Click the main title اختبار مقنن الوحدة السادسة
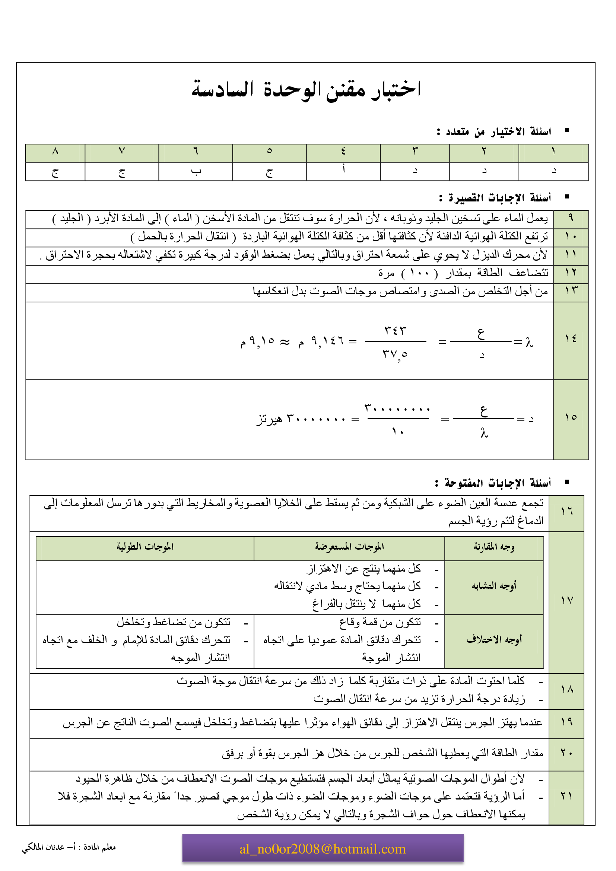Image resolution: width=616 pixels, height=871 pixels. pos(306,90)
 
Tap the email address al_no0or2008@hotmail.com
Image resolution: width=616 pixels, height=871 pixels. pos(323,849)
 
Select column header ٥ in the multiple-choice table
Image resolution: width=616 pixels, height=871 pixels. pos(269,151)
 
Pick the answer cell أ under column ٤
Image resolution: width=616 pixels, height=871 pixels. pos(344,169)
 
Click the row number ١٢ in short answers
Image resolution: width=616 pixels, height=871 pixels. pos(571,272)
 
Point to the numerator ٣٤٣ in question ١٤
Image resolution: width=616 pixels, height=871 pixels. pos(395,330)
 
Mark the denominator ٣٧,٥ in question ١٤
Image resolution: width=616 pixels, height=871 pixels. pos(395,355)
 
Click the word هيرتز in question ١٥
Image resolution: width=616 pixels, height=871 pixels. pos(269,419)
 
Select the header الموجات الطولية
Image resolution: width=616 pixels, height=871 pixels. pos(145,547)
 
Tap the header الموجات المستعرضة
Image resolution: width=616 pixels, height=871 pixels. pos(349,547)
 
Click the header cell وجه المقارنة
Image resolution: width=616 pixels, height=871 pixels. pos(494,547)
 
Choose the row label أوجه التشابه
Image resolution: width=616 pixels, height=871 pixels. pos(494,586)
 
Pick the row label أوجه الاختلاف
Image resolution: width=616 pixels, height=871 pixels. pos(494,640)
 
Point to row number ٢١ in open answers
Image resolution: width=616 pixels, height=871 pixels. pos(566,796)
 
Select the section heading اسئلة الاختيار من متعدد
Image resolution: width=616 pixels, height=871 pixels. pos(494,131)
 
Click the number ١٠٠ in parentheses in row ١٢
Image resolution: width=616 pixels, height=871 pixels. pos(419,273)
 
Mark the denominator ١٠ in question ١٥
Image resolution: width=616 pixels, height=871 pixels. pos(397,432)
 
